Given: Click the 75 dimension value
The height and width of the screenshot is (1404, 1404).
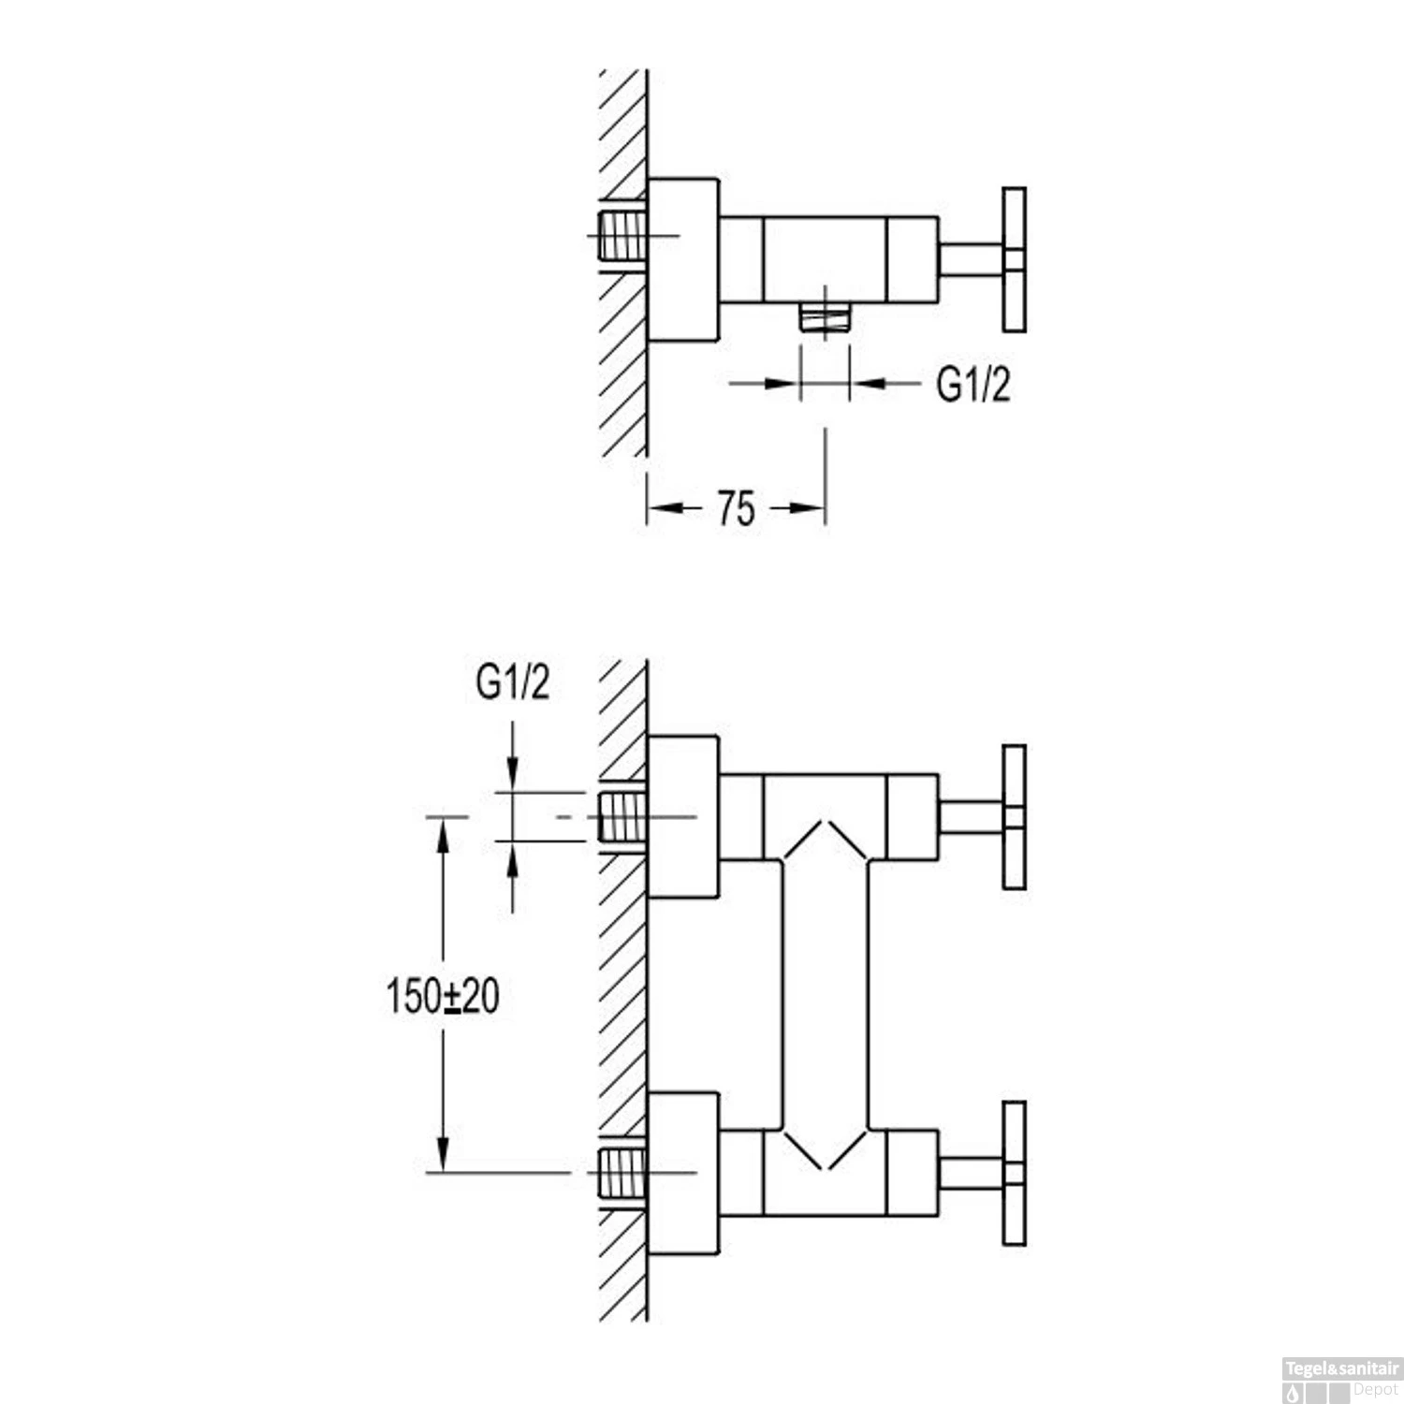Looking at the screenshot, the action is [x=737, y=509].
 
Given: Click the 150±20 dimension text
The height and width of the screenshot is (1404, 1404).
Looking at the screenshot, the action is [x=443, y=996].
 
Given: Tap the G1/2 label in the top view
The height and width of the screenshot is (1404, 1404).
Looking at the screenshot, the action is [x=973, y=384].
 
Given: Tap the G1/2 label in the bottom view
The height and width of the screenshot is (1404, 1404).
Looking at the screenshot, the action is [x=512, y=683].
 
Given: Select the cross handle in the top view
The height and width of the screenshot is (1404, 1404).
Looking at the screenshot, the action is [x=1014, y=259].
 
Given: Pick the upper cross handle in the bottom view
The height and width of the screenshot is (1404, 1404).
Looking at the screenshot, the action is [x=1014, y=817].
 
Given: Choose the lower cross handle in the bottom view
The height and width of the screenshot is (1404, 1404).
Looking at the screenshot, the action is [x=1014, y=1173].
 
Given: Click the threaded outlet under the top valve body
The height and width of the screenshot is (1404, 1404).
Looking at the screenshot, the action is [x=825, y=316].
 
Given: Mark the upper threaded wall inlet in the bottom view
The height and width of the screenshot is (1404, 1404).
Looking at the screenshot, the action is [x=622, y=817].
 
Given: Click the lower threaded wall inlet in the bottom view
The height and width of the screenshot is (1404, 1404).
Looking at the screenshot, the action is [x=622, y=1173].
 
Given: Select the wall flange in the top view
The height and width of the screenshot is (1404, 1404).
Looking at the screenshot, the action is [x=683, y=259].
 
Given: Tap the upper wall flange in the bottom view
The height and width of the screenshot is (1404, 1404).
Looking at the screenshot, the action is [x=683, y=817].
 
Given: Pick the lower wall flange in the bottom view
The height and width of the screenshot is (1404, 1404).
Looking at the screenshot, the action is [x=683, y=1173].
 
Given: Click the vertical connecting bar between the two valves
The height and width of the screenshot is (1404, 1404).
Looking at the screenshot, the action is [x=825, y=994].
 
